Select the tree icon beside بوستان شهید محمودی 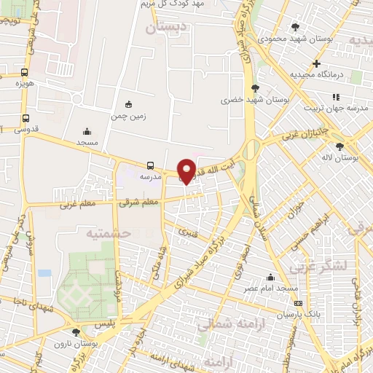[x=295, y=26]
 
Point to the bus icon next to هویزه [x=25, y=72]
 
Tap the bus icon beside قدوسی [x=26, y=118]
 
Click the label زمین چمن [x=129, y=115]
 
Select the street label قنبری [x=187, y=235]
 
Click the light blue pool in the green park [x=45, y=273]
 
